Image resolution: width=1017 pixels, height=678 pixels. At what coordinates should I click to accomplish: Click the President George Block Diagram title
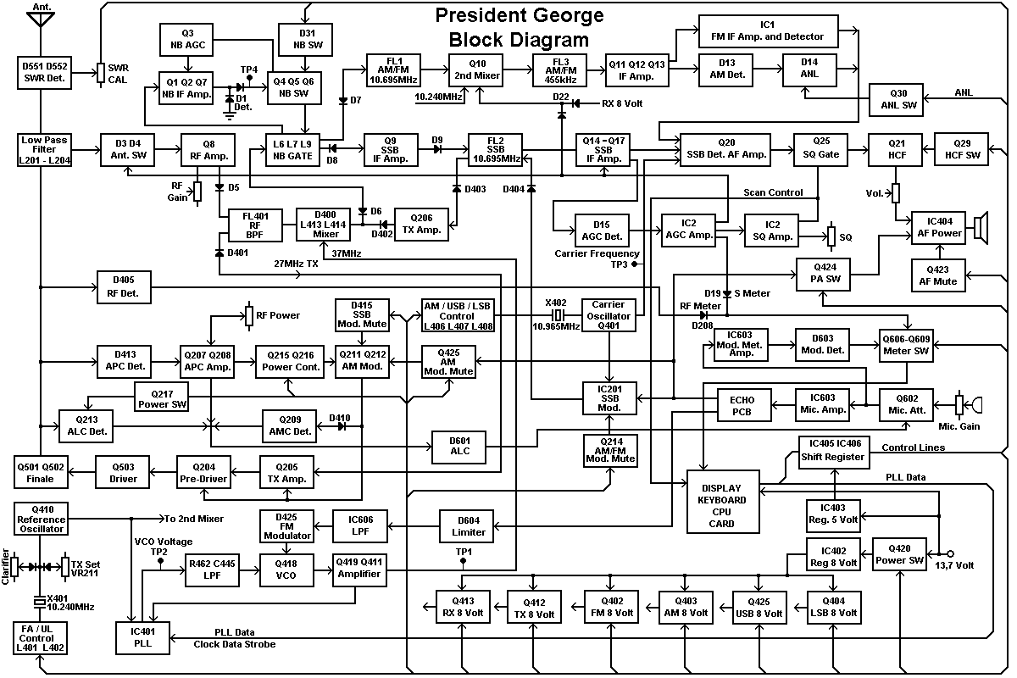click(519, 27)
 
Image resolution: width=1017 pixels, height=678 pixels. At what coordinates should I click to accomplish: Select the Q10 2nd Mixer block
click(477, 69)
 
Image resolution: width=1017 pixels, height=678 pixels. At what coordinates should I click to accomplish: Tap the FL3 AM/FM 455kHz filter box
click(560, 69)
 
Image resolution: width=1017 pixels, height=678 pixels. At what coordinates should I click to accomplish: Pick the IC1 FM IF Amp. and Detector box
click(768, 31)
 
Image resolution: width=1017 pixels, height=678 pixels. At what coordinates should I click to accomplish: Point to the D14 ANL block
click(809, 69)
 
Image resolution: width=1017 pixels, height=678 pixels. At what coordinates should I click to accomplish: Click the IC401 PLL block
click(143, 638)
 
